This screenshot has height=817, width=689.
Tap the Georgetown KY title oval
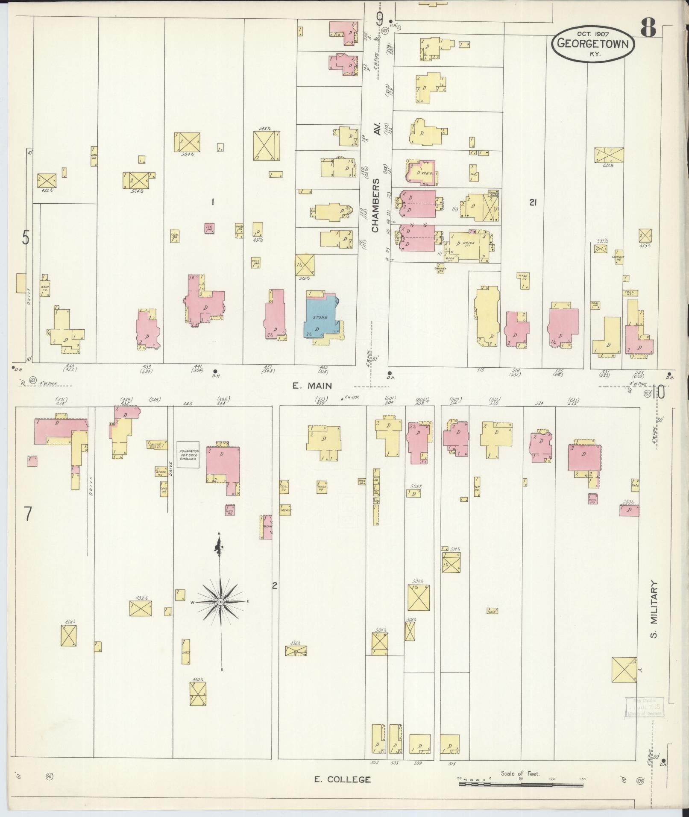click(592, 43)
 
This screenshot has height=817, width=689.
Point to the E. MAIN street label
click(312, 386)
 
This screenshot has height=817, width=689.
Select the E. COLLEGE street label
click(342, 779)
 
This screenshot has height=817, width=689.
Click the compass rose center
click(220, 602)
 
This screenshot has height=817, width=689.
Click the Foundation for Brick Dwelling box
click(188, 454)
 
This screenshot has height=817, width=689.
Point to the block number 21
click(532, 203)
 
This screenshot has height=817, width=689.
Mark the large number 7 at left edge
click(28, 513)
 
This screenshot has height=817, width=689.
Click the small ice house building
click(209, 228)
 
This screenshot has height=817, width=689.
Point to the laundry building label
click(157, 445)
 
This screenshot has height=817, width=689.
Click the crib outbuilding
click(493, 611)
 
